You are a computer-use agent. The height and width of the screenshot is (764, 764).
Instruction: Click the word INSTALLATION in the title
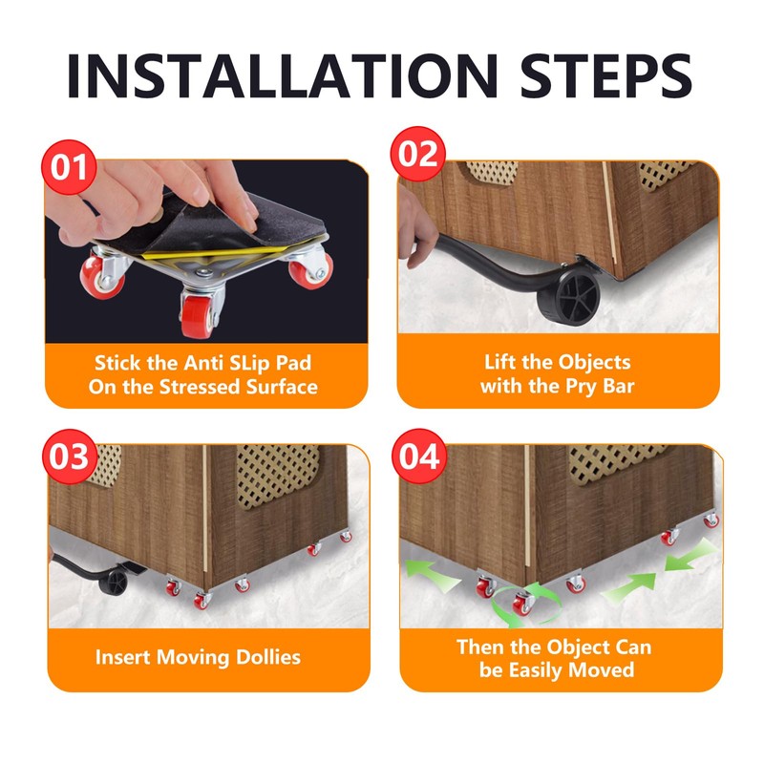point(283,75)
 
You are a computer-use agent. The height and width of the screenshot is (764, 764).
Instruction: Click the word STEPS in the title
point(606,75)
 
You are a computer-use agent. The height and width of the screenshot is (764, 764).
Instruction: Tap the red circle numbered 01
point(69,167)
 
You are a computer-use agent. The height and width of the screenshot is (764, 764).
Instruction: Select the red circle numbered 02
point(417,154)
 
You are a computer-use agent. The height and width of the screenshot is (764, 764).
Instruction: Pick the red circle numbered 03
point(69,456)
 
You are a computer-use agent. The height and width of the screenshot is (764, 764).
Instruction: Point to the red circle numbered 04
point(419,456)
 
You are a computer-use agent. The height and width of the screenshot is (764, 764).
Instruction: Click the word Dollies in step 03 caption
point(268,657)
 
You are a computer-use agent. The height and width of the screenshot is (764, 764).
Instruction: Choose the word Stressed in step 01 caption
point(200,387)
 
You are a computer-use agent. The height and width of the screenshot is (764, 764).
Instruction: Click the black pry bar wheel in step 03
point(114,582)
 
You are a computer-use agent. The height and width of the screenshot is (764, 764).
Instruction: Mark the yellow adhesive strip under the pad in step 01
point(214,252)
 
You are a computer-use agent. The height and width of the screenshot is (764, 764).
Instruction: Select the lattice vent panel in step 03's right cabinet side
point(277,475)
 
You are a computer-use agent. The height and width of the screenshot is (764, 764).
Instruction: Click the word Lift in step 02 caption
point(499,363)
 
